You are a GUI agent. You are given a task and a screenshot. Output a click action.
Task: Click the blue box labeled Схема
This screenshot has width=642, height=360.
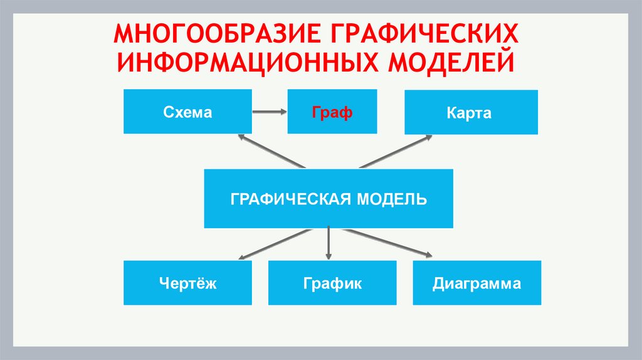click(x=187, y=112)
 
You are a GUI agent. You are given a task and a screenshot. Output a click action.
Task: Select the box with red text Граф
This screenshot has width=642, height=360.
click(x=332, y=112)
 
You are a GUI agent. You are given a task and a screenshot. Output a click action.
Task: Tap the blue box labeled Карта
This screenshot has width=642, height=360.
click(x=470, y=112)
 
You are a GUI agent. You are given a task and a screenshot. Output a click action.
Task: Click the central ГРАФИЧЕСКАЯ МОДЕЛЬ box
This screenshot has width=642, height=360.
click(x=329, y=198)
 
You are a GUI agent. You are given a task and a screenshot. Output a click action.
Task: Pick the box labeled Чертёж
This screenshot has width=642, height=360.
click(x=187, y=283)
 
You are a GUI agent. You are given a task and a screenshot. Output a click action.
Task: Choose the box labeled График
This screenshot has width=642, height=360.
click(x=332, y=283)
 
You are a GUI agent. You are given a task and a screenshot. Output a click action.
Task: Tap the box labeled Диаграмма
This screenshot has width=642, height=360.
click(x=476, y=283)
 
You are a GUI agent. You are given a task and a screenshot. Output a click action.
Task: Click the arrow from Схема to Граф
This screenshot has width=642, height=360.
click(x=270, y=112)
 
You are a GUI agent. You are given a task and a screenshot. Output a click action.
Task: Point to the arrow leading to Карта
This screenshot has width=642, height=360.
click(x=395, y=151)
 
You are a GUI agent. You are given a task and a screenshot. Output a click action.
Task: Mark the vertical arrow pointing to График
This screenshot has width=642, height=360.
click(x=329, y=243)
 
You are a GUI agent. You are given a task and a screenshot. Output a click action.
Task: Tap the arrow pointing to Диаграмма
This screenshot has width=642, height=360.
click(x=389, y=243)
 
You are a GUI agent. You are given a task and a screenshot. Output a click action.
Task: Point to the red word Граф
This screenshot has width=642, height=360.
click(x=332, y=113)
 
